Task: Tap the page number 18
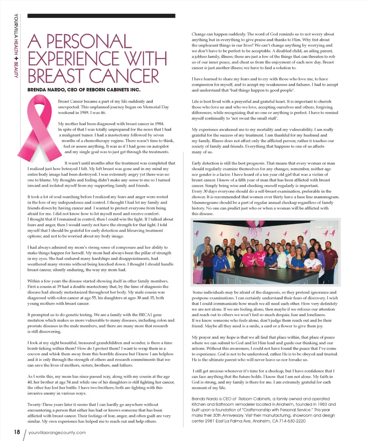(16, 432)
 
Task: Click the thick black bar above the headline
(101, 16)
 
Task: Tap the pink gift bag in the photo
(198, 274)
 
